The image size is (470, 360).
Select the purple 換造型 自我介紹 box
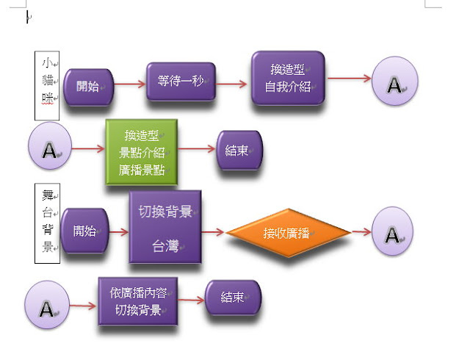point(287,78)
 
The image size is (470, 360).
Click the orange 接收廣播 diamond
point(287,233)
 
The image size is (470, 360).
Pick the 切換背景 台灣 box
point(165,227)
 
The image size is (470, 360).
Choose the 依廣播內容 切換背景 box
point(139,301)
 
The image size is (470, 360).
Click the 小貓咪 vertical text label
point(48,85)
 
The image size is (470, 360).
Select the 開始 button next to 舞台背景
point(84,231)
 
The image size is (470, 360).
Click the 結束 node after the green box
point(237,151)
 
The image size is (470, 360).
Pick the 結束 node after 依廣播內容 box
point(232,298)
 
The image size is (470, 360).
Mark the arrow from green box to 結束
point(196,150)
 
